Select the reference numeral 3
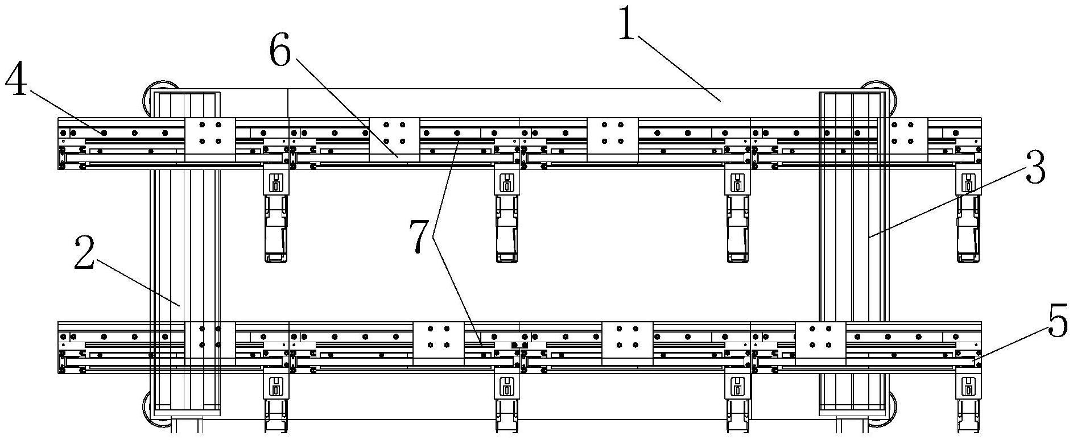pos(1035,167)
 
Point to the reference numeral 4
pos(16,80)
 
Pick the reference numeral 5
pos(1057,322)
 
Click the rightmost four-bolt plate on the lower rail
pos(820,343)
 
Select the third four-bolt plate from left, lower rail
pos(627,343)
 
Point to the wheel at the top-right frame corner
pos(882,98)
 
